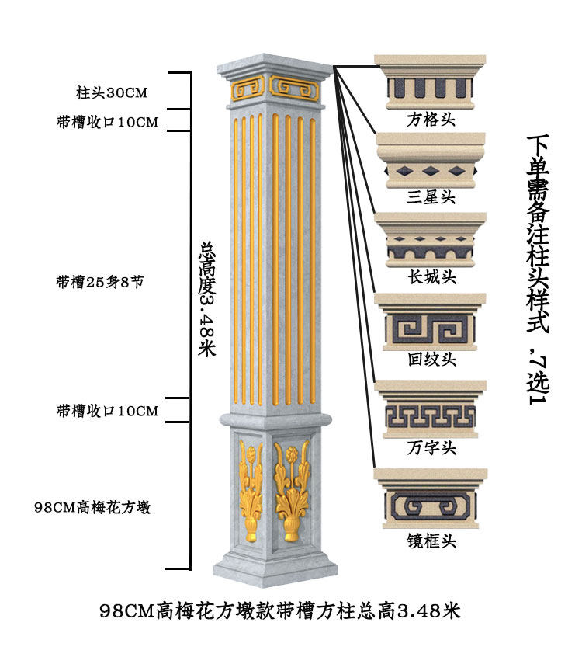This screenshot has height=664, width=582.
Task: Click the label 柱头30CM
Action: tap(111, 92)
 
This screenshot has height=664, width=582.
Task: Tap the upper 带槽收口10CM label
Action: tap(107, 123)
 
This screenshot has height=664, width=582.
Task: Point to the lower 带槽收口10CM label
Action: tap(107, 411)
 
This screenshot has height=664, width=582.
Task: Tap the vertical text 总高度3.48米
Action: tap(206, 299)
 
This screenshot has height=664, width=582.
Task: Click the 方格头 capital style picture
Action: tap(431, 83)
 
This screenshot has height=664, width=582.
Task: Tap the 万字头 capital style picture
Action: tap(431, 409)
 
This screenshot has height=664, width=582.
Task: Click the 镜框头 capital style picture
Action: tap(431, 497)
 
